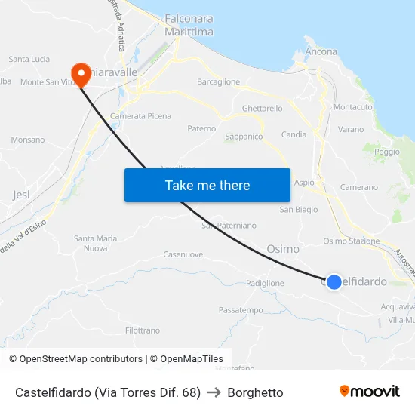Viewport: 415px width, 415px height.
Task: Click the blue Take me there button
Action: tap(207, 185)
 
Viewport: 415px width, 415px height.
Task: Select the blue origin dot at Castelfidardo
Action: tap(334, 281)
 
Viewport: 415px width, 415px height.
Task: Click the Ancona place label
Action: tap(321, 51)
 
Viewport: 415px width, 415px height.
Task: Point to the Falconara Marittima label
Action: tap(189, 26)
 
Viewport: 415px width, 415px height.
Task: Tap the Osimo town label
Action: tap(283, 248)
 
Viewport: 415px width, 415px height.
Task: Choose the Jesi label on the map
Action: tap(21, 194)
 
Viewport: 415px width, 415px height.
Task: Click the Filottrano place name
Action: tap(143, 330)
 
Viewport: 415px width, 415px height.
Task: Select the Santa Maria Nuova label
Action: tap(95, 243)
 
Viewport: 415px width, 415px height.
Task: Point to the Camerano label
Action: tap(359, 187)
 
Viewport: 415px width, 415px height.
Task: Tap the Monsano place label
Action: tap(28, 140)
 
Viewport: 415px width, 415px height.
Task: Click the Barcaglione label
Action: tap(218, 81)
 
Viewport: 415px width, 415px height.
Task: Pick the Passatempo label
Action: tap(241, 310)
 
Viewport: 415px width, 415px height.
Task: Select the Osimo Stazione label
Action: tap(351, 241)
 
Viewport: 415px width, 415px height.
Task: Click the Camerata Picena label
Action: tap(140, 116)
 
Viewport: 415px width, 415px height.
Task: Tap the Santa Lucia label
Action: tap(29, 59)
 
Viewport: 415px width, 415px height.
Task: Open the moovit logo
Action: tap(370, 391)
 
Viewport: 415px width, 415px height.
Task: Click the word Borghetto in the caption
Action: tap(255, 392)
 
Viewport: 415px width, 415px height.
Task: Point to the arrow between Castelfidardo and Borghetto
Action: tap(214, 392)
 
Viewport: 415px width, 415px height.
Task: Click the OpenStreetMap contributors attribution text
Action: tap(76, 359)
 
